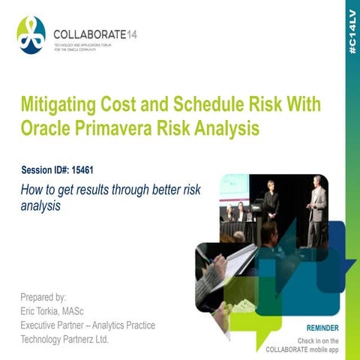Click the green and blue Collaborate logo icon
(x=31, y=35)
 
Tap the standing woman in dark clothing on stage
(x=271, y=198)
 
